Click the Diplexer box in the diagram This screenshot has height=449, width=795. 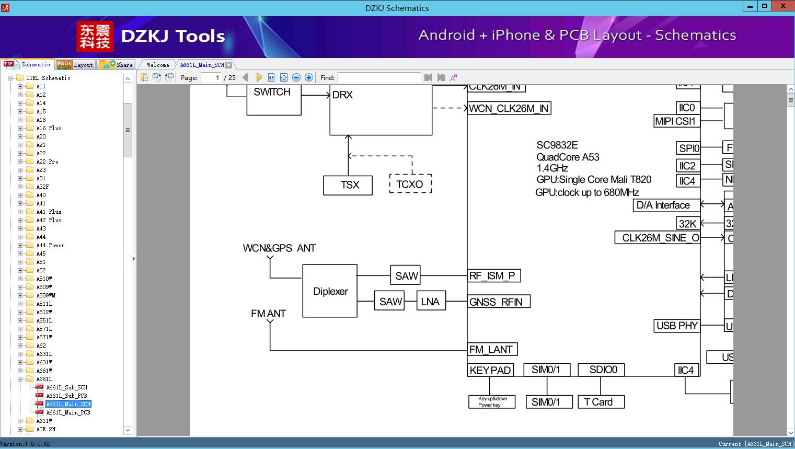[x=330, y=291]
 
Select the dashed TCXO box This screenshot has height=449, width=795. [x=410, y=185]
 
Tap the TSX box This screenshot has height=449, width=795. [x=348, y=185]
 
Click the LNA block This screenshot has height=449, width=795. [x=431, y=302]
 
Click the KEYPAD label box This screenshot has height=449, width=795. [x=490, y=370]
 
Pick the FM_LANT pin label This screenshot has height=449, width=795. [x=492, y=349]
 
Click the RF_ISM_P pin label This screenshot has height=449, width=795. [x=493, y=275]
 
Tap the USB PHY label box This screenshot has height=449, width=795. [x=676, y=326]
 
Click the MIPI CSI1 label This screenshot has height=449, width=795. [x=675, y=121]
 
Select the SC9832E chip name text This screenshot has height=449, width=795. [x=557, y=145]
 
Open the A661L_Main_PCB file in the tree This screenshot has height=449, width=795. [x=68, y=412]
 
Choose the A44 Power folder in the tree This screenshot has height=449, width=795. [x=50, y=245]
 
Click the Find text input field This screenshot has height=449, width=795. [x=379, y=77]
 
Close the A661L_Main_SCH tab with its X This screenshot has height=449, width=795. [x=228, y=65]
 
